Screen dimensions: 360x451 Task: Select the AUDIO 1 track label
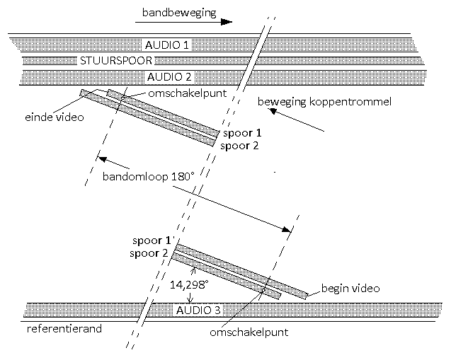(x=166, y=45)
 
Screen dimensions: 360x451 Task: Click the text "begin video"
(x=350, y=288)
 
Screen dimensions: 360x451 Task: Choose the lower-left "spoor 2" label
(x=150, y=253)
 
